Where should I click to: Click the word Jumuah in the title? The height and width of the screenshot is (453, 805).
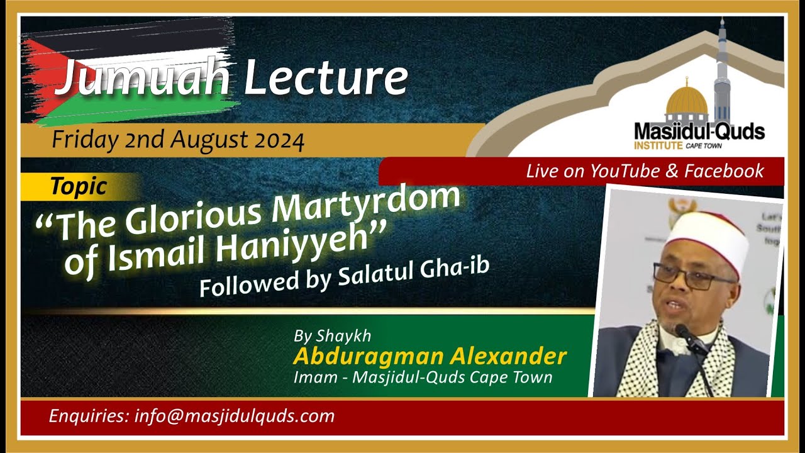tap(142, 79)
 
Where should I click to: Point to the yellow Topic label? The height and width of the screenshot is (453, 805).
tap(79, 186)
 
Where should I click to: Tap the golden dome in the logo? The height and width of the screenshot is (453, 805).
tap(687, 101)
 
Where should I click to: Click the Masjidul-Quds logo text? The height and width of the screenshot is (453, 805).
tap(699, 132)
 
